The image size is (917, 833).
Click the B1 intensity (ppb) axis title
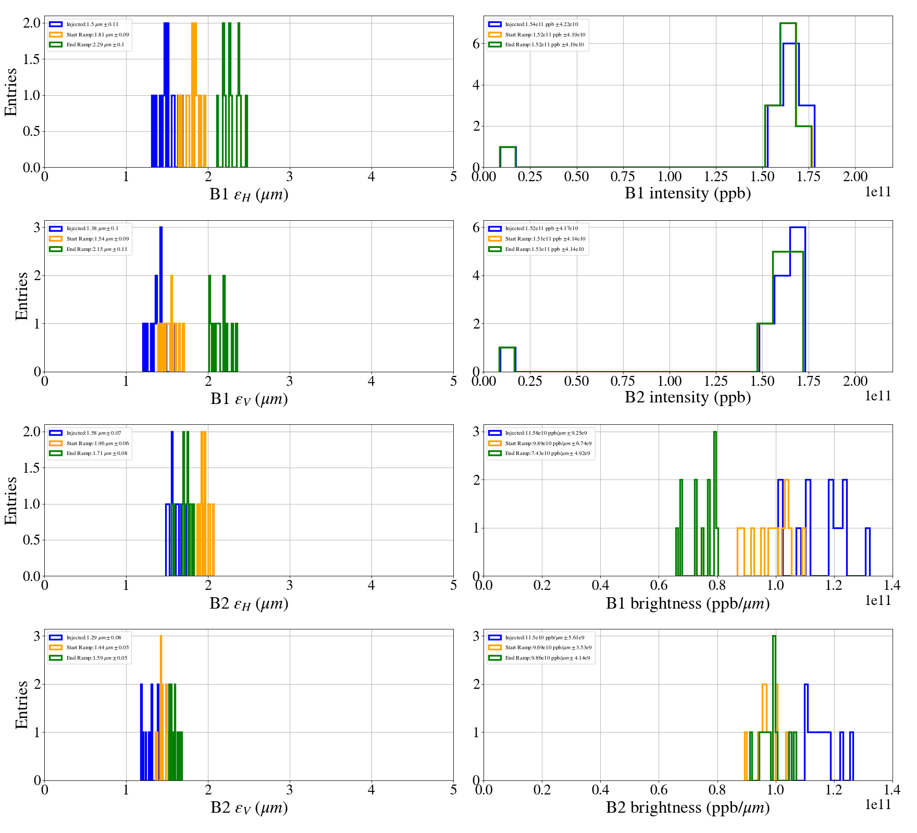pos(688,193)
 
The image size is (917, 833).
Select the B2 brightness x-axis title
pos(688,807)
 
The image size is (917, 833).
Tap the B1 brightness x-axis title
pos(688,603)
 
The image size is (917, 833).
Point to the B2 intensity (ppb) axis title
pos(688,397)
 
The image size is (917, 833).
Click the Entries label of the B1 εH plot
pos(11,92)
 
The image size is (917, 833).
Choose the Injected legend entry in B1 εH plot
pos(92,24)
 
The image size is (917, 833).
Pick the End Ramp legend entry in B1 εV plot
pos(96,249)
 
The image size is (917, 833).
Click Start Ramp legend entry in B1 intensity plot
pos(544,35)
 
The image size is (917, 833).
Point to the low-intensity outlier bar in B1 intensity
pos(507,157)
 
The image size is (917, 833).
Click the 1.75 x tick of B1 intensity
pos(809,177)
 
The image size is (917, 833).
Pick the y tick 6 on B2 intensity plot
pos(476,228)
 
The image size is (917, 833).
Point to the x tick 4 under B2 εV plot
pos(371,790)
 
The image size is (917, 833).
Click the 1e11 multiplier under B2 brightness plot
pos(878,804)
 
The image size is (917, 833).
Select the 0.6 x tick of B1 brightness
pos(659,586)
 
